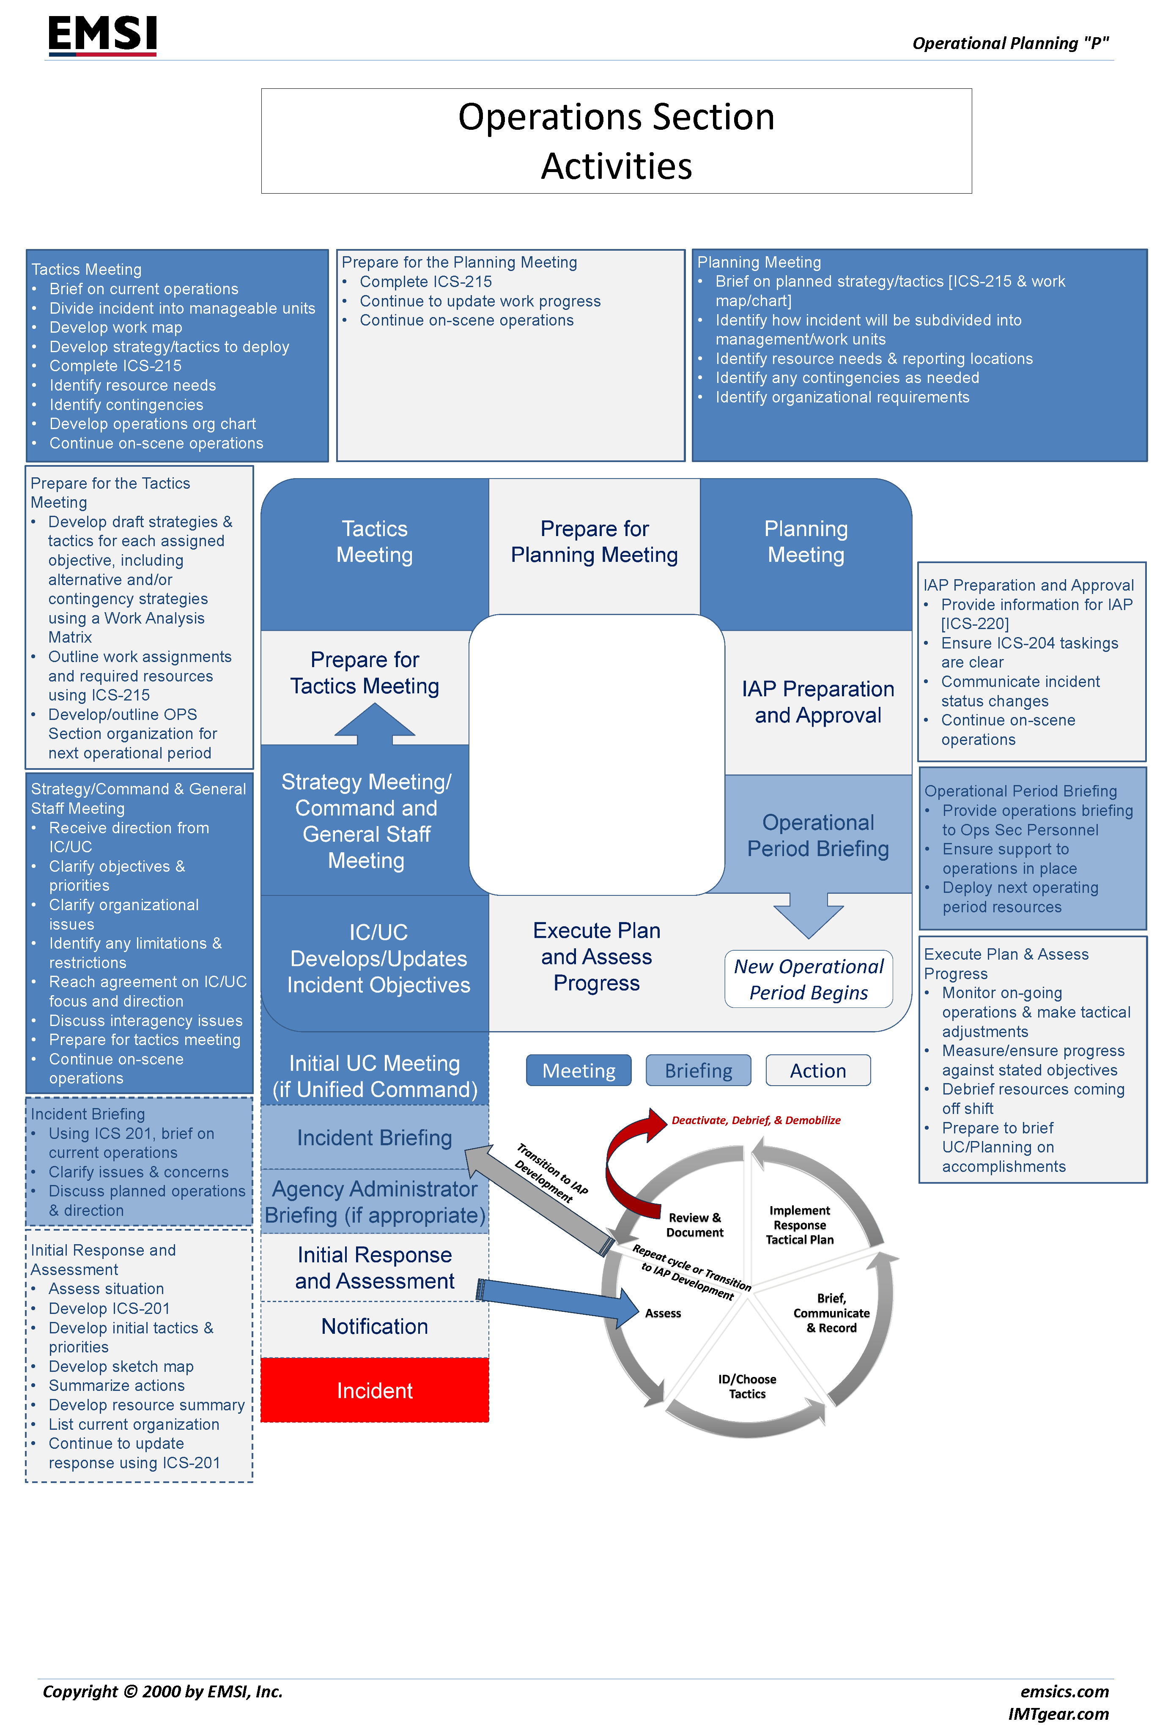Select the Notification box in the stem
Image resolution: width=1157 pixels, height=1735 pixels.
tap(375, 1326)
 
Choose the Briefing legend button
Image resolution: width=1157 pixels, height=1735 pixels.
tap(698, 1070)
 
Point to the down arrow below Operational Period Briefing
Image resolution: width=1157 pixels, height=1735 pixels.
tap(809, 915)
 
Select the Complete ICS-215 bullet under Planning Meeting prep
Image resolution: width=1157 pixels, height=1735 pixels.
tap(426, 282)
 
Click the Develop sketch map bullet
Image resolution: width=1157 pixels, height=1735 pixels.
tap(121, 1366)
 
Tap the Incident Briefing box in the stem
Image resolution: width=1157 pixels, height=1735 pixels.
tap(375, 1138)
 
